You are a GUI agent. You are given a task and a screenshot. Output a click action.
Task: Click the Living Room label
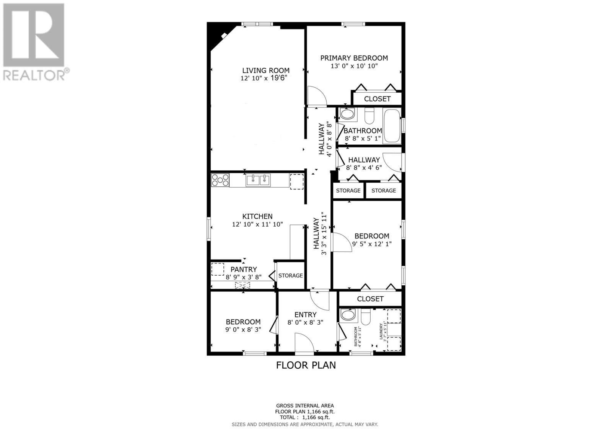(x=265, y=70)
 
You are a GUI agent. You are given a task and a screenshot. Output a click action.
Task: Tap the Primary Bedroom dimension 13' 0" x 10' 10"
(x=354, y=66)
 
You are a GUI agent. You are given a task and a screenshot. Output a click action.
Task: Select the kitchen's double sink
(x=258, y=180)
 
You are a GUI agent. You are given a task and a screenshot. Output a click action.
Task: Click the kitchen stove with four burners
(x=220, y=180)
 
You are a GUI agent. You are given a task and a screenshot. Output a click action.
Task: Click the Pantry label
(x=244, y=270)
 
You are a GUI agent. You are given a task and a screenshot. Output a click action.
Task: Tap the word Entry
(x=305, y=315)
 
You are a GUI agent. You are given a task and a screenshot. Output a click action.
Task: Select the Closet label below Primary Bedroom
(x=377, y=99)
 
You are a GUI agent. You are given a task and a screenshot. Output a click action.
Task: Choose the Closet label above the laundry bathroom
(x=370, y=299)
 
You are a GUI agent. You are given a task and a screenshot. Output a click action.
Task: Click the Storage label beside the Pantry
(x=290, y=276)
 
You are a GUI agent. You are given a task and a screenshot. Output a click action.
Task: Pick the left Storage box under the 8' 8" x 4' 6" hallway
(x=348, y=191)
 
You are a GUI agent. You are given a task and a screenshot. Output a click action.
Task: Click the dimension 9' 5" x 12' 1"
(x=372, y=244)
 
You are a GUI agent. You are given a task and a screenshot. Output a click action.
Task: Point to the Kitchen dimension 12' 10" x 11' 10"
(x=257, y=224)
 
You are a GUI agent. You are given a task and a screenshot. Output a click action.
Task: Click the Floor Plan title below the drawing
(x=306, y=365)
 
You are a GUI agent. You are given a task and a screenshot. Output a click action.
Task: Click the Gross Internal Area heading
(x=305, y=406)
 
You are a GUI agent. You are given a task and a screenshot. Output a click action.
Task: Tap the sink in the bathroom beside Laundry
(x=348, y=315)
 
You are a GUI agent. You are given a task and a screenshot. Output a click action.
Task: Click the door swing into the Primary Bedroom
(x=317, y=96)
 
